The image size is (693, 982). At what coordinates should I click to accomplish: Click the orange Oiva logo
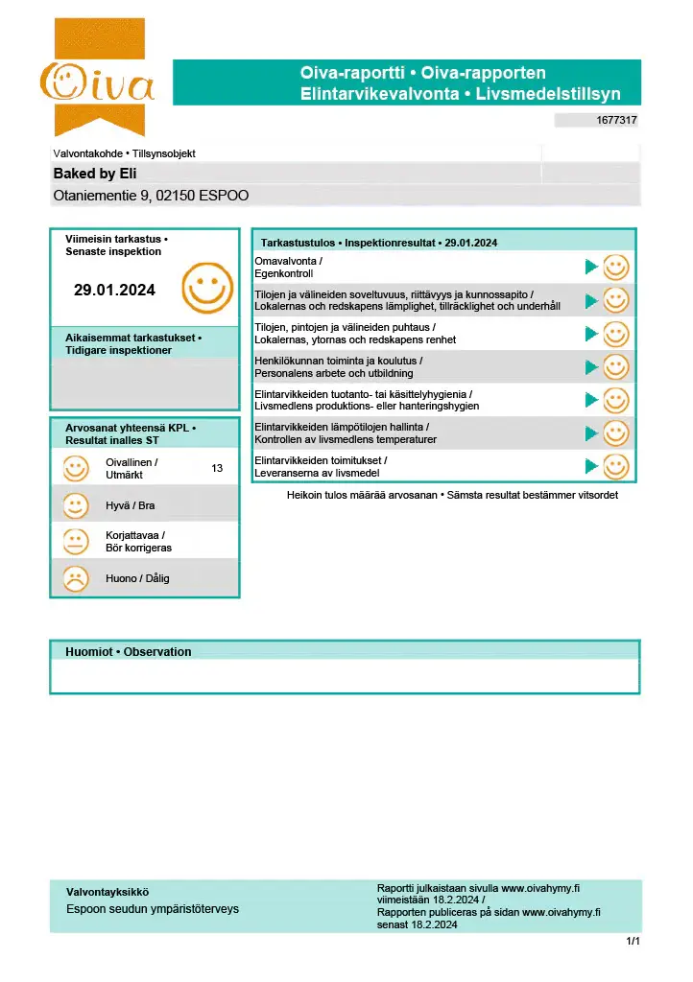(x=96, y=80)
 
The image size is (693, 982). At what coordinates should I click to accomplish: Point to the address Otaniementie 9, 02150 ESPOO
(x=151, y=196)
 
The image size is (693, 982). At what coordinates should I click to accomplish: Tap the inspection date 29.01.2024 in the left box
(x=114, y=289)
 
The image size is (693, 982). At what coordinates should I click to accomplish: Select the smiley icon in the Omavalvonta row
(x=615, y=267)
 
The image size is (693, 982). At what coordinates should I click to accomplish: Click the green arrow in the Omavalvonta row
(x=591, y=267)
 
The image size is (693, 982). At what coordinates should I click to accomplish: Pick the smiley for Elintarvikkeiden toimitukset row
(x=615, y=467)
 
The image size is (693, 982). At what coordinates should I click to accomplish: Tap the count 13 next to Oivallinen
(x=217, y=468)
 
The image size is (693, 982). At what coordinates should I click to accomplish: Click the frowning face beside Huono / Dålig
(x=75, y=578)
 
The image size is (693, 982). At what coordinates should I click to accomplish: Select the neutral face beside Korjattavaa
(x=75, y=542)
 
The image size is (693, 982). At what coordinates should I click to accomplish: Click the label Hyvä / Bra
(x=131, y=505)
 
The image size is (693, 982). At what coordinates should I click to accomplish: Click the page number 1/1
(x=633, y=942)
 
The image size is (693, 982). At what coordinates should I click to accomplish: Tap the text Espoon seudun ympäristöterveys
(x=152, y=909)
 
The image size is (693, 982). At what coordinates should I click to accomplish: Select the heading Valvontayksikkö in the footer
(x=108, y=892)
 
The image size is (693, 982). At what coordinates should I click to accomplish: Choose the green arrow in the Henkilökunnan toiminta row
(x=591, y=367)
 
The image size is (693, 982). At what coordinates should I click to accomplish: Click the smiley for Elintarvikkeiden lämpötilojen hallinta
(x=615, y=433)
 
